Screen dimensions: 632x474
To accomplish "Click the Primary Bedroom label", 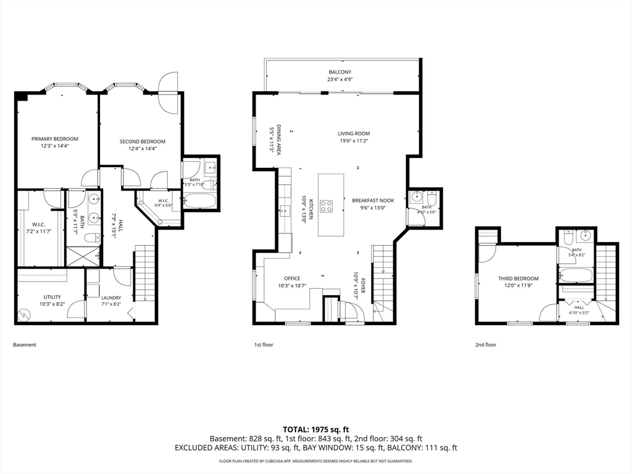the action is pyautogui.click(x=55, y=139).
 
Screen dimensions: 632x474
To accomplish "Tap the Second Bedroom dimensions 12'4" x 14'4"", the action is pyautogui.click(x=143, y=148).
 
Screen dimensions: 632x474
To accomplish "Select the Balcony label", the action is pyautogui.click(x=340, y=72).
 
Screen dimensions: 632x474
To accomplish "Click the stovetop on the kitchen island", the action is pyautogui.click(x=326, y=206).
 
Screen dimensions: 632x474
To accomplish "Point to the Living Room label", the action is pyautogui.click(x=354, y=133).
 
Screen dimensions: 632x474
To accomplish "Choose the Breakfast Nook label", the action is pyautogui.click(x=373, y=201).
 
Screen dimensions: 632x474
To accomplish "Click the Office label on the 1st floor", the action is pyautogui.click(x=292, y=278).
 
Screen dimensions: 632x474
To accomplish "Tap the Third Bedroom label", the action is pyautogui.click(x=518, y=278).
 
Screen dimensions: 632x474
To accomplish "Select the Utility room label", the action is pyautogui.click(x=52, y=297).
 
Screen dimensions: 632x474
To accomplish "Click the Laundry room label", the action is pyautogui.click(x=111, y=298).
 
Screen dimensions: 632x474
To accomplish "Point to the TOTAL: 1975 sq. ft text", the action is pyautogui.click(x=316, y=430).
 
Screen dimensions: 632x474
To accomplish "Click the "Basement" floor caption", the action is pyautogui.click(x=25, y=345).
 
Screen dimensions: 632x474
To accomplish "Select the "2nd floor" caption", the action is pyautogui.click(x=486, y=345).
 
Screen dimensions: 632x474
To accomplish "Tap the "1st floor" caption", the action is pyautogui.click(x=264, y=345).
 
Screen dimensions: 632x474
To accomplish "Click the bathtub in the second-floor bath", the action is pyautogui.click(x=576, y=275).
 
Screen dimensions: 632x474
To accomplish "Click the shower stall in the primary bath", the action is pyautogui.click(x=83, y=256).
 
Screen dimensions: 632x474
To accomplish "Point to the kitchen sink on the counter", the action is pyautogui.click(x=284, y=210).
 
